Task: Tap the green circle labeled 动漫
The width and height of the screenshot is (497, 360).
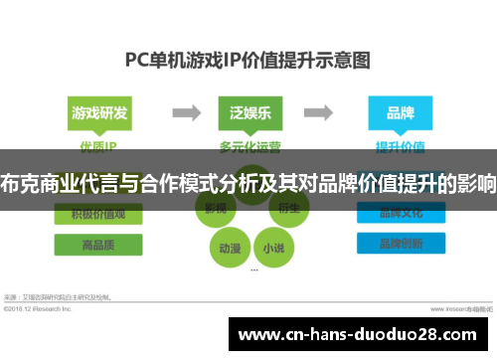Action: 228,247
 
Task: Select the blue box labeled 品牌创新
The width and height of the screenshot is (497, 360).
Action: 399,244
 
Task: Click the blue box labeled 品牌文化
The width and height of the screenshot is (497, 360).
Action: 399,215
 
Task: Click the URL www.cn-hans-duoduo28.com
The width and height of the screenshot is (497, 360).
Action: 355,332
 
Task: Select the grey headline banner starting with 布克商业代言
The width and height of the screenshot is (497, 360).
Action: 248,183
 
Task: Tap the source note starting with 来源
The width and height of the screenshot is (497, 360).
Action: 60,296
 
